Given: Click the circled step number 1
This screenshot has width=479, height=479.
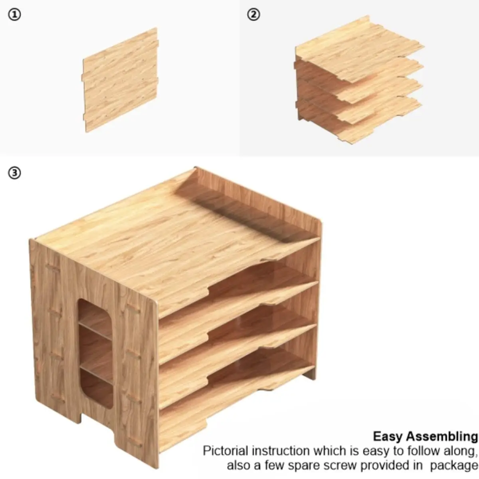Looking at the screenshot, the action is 14,15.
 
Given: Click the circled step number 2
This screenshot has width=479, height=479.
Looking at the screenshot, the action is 253,14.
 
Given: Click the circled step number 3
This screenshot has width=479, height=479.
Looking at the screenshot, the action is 14,173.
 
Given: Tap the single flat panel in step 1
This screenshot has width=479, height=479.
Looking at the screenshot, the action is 120,80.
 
